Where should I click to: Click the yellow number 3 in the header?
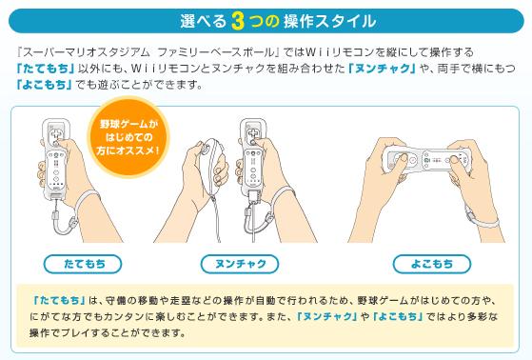pos(238,21)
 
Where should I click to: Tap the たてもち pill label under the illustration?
pos(83,264)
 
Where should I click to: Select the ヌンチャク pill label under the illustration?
pos(240,264)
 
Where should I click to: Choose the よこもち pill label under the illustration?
pos(431,264)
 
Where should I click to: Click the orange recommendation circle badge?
pos(128,137)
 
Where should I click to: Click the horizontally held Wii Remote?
pos(426,159)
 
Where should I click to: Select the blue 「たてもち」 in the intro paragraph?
pos(45,69)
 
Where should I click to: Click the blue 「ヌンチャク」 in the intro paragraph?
pos(382,69)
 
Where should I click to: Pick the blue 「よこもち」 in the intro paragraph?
pos(44,85)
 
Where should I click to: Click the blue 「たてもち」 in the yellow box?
pos(59,300)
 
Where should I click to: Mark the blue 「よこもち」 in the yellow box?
pos(398,316)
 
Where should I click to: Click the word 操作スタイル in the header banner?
pos(330,21)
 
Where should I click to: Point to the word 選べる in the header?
pos(203,21)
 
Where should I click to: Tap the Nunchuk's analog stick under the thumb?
pos(206,149)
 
